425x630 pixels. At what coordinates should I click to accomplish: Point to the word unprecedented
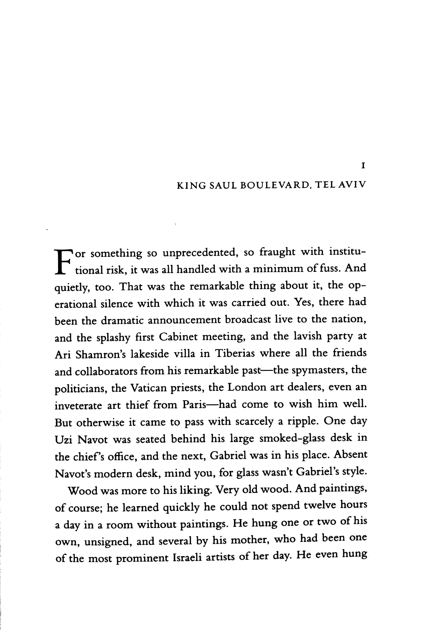click(x=200, y=253)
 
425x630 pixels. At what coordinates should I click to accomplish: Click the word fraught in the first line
click(x=277, y=252)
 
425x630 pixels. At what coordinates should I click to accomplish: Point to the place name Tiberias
click(x=235, y=353)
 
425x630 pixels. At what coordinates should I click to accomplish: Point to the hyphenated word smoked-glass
click(x=292, y=439)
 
